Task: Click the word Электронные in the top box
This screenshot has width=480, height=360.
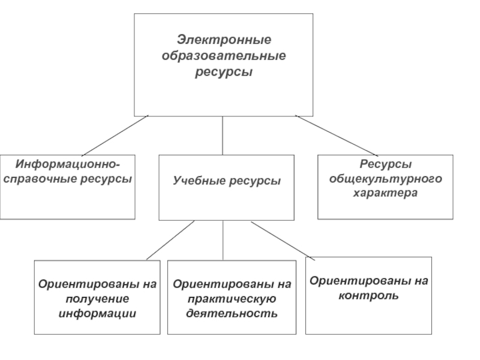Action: coord(224,40)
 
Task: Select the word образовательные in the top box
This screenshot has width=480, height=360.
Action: coord(224,56)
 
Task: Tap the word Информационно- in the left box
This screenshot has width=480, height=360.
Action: coord(68,164)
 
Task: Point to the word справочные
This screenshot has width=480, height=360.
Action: coord(41,179)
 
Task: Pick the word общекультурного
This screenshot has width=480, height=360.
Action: coord(386,178)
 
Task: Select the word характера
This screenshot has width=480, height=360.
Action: coord(385,193)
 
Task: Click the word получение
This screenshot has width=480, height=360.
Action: coord(97,299)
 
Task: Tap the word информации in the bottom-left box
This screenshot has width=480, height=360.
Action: coord(97,313)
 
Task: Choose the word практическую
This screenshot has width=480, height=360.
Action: coord(232,299)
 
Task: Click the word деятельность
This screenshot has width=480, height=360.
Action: coord(232,313)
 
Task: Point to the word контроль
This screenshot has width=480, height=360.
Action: coord(368,296)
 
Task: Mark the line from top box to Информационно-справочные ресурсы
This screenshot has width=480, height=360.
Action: coord(115,136)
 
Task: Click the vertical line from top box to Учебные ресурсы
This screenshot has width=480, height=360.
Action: coord(223,136)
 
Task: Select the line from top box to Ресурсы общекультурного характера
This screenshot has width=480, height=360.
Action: coord(337,136)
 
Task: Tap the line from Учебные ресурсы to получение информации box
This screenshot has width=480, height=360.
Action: coord(170,241)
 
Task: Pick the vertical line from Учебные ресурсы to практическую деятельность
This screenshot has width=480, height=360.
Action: coord(223,241)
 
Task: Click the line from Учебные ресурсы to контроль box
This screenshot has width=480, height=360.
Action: coord(283,241)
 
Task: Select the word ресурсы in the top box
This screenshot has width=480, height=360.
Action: coord(224,72)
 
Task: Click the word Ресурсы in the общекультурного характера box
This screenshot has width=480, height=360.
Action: coord(386,164)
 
